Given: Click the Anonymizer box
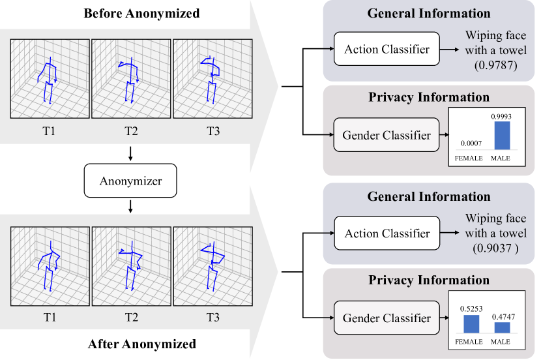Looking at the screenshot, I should [x=130, y=181].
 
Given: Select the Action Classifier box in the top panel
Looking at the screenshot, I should [x=387, y=50].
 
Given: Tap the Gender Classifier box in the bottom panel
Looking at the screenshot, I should [x=387, y=318].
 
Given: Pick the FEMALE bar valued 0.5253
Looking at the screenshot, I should [x=469, y=324].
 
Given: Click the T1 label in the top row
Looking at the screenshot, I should [x=50, y=131].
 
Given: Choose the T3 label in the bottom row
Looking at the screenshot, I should [x=212, y=318].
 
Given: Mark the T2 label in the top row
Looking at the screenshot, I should [x=131, y=131].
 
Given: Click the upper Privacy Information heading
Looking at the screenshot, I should [x=429, y=97].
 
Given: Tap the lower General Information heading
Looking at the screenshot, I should [x=429, y=196].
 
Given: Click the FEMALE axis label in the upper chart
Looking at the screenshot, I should [x=469, y=158].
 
